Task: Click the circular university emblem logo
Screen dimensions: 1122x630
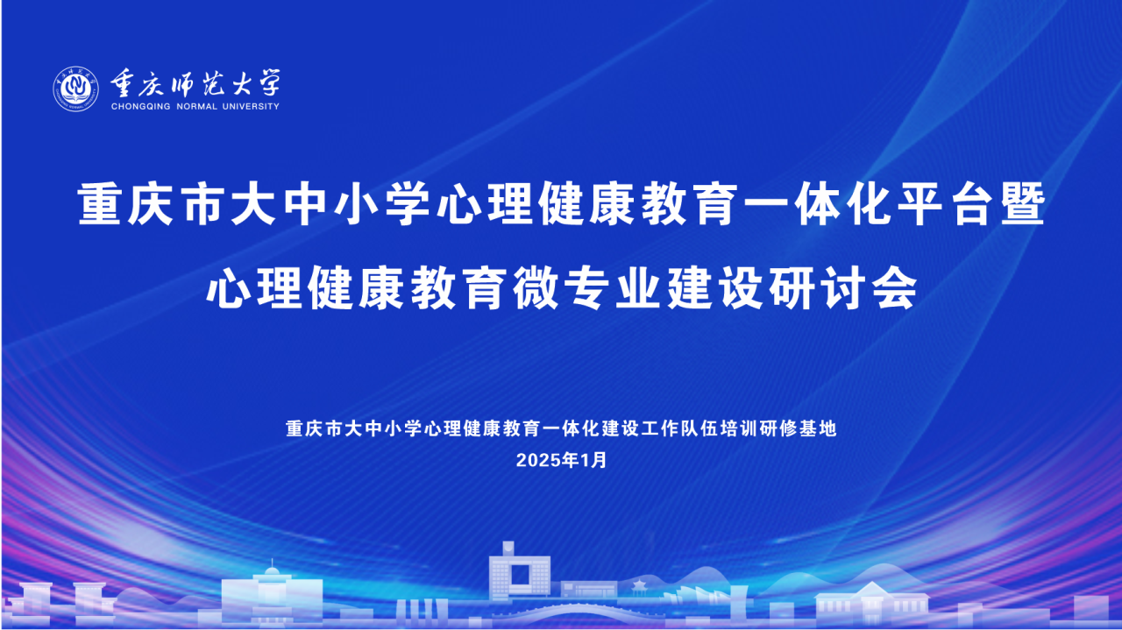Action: (75, 89)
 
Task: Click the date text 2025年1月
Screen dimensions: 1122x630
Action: (561, 460)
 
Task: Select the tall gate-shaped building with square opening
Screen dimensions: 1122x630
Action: (520, 571)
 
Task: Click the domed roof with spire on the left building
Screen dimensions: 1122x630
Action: (272, 569)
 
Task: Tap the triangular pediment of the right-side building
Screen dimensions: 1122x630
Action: (871, 589)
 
